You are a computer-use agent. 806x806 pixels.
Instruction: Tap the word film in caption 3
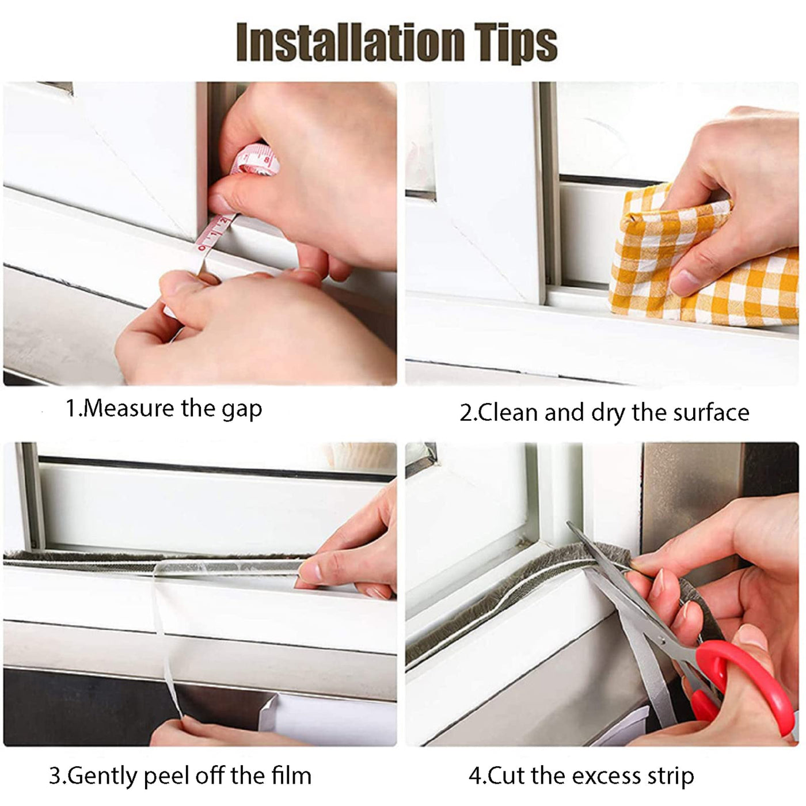(291, 764)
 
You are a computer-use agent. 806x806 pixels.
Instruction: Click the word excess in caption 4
(606, 766)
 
